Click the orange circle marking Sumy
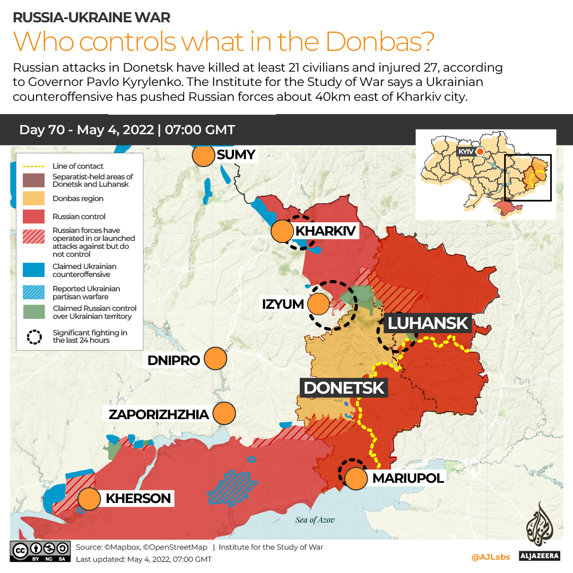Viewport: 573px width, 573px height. coord(202,157)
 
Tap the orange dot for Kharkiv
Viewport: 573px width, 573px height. coord(282,232)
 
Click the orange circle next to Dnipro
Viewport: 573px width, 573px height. coord(215,359)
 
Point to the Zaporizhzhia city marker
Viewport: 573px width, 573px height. coord(223,413)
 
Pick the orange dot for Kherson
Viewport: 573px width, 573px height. coord(90,499)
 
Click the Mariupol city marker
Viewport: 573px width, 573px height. coord(356,479)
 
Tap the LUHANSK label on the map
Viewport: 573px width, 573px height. coord(428,323)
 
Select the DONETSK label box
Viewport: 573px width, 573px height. coord(344,388)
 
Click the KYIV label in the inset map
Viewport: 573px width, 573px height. coord(465,152)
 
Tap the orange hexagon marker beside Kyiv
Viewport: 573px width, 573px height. coord(480,152)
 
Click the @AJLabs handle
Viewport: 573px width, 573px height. coord(490,557)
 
